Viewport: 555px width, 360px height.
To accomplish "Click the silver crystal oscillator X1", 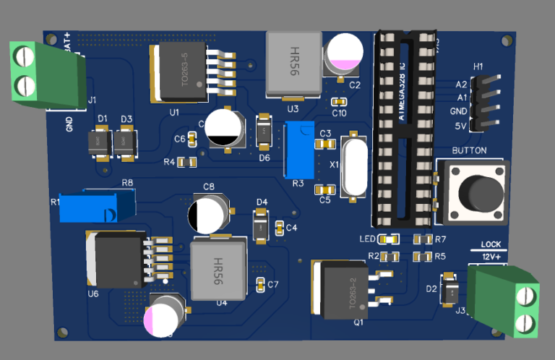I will (x=353, y=166).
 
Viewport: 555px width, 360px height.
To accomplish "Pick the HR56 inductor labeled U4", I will (x=218, y=268).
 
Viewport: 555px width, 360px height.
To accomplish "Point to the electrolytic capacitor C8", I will (x=209, y=214).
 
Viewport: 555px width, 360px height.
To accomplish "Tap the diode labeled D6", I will (x=264, y=132).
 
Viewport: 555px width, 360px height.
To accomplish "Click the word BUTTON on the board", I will (x=469, y=151).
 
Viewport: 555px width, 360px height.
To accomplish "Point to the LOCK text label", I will (x=491, y=245).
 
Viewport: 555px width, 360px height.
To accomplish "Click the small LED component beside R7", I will (x=391, y=239).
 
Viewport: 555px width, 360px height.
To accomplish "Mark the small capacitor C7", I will (x=262, y=283).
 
